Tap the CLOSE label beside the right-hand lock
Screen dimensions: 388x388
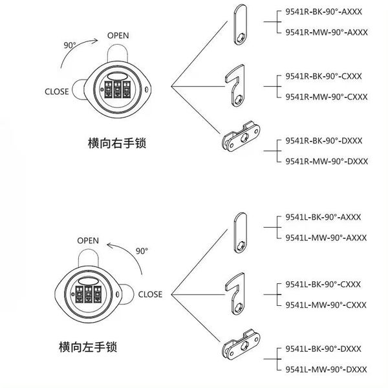58,91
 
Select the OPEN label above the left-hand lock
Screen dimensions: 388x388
88,241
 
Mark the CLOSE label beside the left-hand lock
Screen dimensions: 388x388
150,294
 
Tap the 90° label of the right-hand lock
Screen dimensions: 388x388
70,45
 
